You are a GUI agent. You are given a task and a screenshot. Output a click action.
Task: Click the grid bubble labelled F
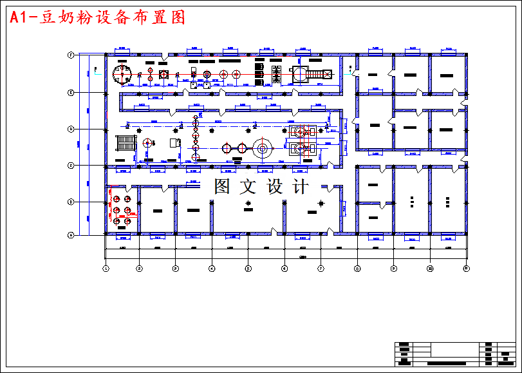coord(71,55)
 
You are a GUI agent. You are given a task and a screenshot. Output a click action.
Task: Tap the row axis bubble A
coord(71,235)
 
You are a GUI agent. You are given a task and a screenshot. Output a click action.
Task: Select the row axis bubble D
coord(71,129)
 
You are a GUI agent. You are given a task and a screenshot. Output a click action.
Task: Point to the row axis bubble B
coord(71,202)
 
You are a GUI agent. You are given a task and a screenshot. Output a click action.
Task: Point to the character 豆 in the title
coord(50,17)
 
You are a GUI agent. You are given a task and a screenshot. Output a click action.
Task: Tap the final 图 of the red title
coord(178,17)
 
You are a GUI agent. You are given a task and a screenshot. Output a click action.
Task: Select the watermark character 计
coord(301,187)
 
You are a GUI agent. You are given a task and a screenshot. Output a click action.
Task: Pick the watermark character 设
coord(275,187)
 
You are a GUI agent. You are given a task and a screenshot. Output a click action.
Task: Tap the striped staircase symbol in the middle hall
coord(126,142)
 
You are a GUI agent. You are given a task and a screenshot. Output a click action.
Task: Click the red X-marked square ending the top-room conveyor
coord(327,75)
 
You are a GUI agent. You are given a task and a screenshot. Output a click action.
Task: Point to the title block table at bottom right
coord(454,354)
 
